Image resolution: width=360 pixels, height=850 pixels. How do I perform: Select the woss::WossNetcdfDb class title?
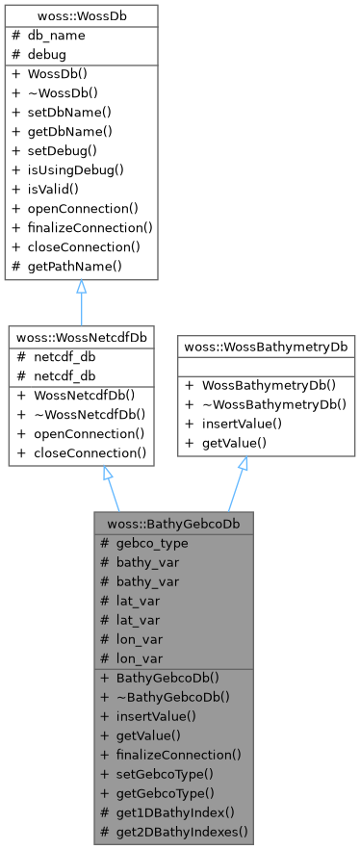[81, 337]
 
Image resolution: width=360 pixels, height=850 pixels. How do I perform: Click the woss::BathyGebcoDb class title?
[174, 524]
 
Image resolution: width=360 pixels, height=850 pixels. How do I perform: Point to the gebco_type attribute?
[151, 542]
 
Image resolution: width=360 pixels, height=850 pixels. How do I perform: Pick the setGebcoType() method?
[166, 773]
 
